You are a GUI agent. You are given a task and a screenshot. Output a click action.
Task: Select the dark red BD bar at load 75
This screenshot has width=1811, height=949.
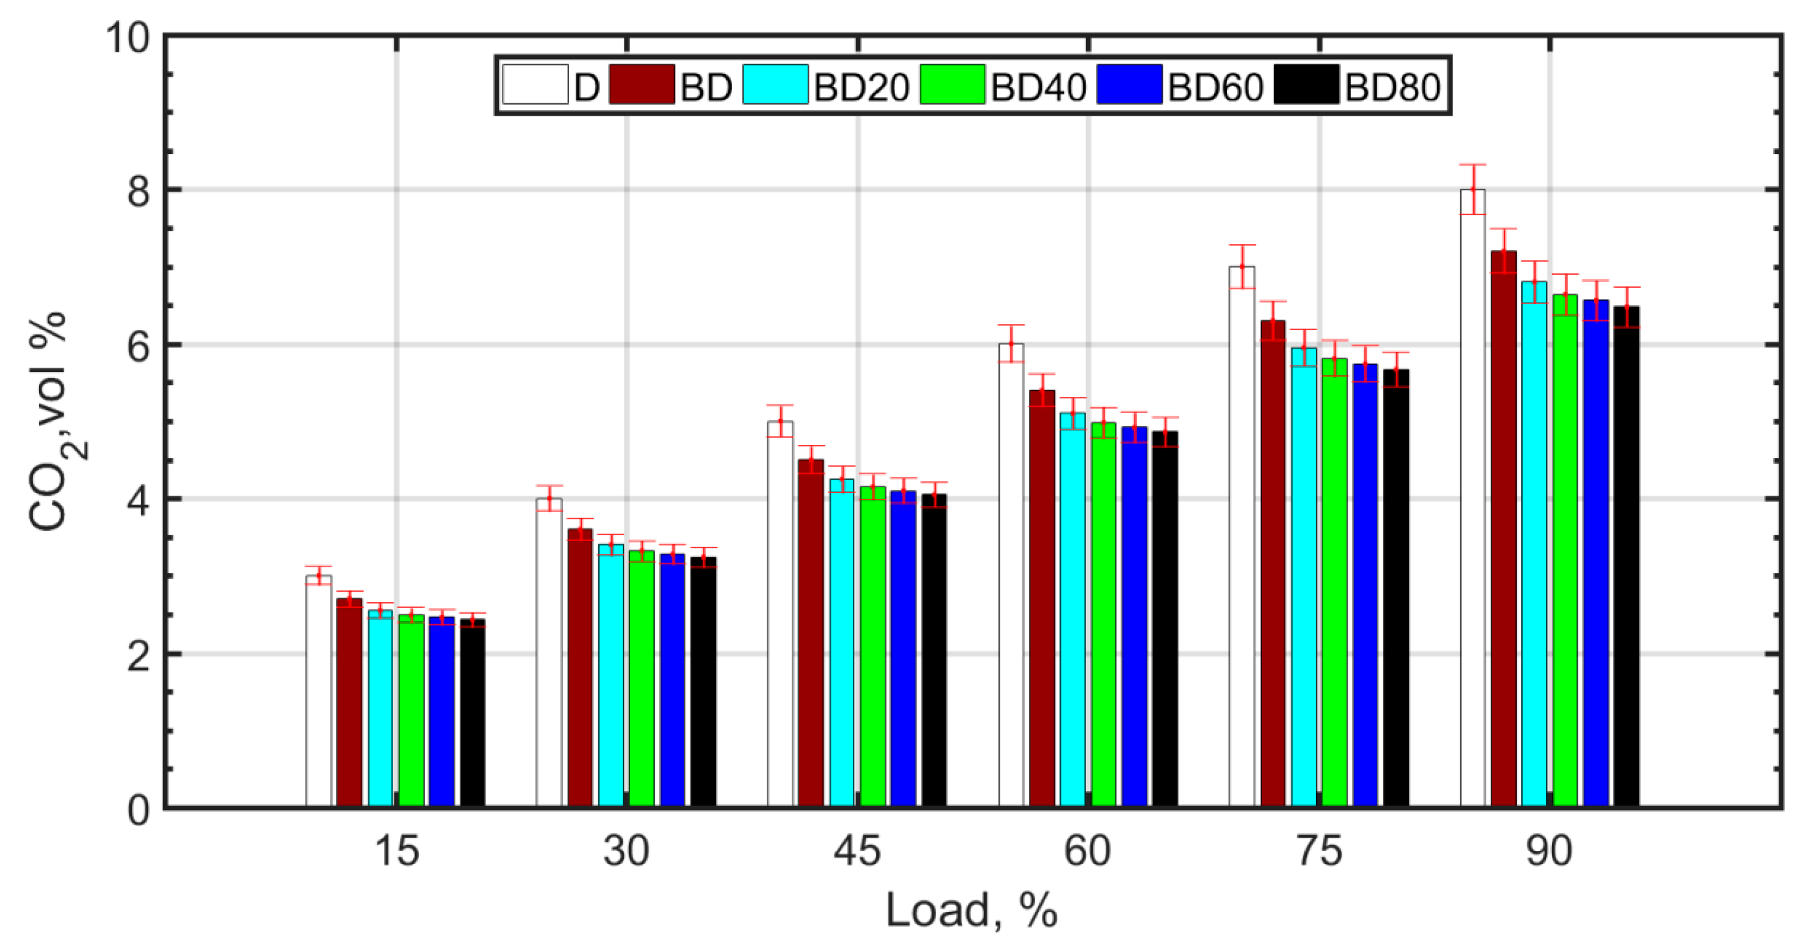(1273, 563)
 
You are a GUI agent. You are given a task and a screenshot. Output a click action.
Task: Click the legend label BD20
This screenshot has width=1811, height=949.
(861, 87)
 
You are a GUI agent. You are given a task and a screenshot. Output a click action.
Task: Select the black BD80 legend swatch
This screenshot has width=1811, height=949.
(1306, 84)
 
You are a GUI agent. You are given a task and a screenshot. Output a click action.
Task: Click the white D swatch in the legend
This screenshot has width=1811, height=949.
(535, 84)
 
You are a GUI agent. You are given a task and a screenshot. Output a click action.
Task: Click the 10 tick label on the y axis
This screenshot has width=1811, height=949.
(128, 36)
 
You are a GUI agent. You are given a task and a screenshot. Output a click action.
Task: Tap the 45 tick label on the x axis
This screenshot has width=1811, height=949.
(856, 850)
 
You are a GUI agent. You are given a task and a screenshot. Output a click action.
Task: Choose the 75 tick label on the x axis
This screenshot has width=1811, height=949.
(1318, 850)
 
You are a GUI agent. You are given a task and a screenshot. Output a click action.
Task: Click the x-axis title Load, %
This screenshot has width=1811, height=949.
(971, 910)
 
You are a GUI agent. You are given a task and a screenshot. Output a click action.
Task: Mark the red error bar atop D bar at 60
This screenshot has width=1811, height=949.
(1011, 343)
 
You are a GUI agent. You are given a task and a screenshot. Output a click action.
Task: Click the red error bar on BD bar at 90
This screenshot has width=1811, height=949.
(1503, 250)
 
